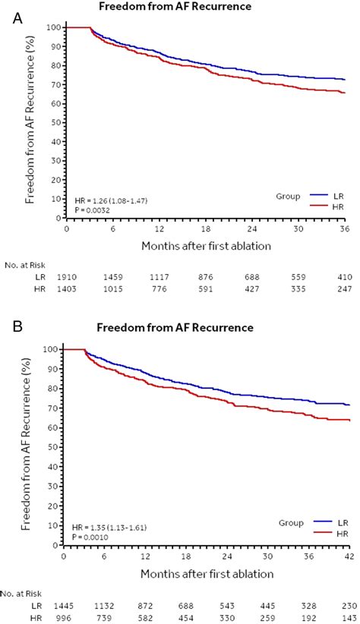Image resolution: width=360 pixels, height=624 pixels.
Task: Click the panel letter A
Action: (18, 17)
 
